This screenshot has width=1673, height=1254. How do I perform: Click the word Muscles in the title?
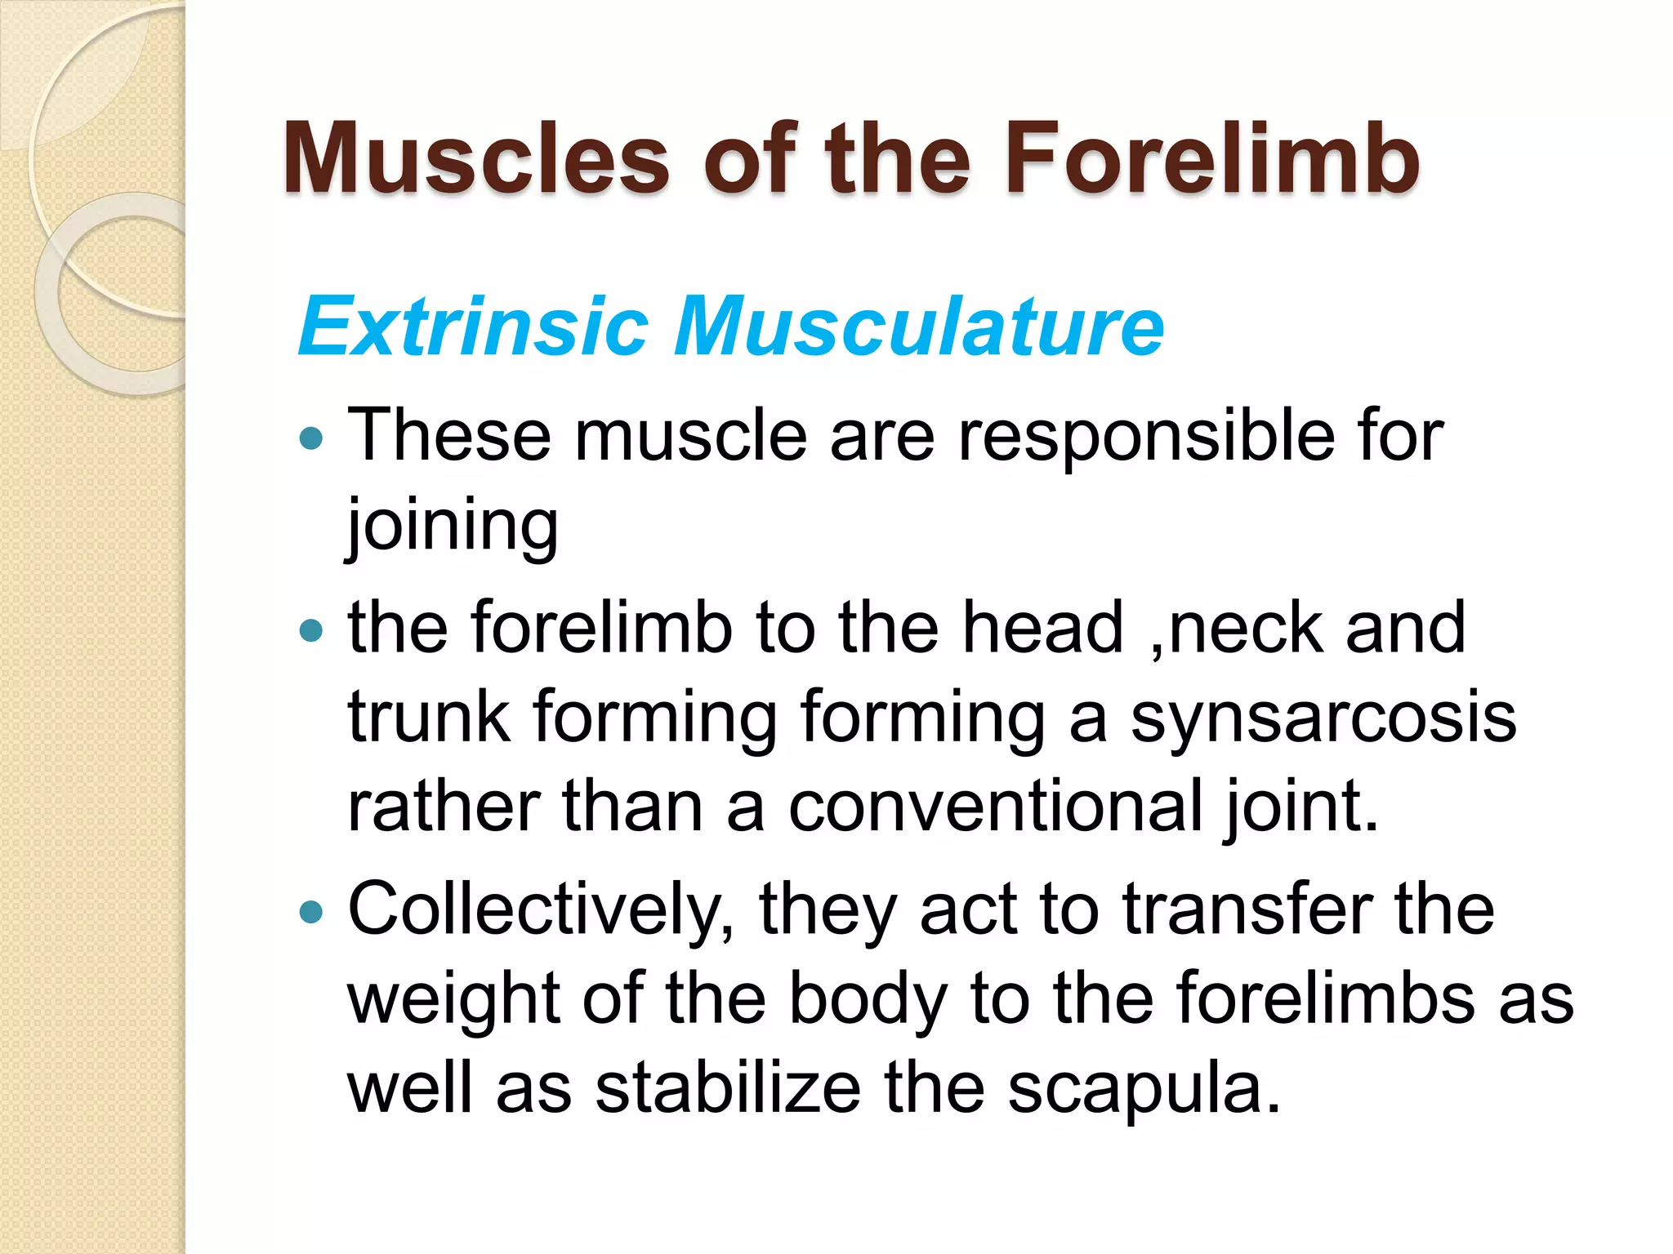pos(476,158)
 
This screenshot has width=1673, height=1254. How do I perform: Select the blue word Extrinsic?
pos(474,327)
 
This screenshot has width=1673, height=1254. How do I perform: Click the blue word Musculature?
pos(919,327)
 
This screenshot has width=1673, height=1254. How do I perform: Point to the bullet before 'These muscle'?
pos(311,440)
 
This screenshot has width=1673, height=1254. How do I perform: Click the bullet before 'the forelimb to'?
pos(311,630)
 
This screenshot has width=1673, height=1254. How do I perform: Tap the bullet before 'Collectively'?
pos(311,911)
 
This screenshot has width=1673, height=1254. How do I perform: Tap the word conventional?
pos(995,806)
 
